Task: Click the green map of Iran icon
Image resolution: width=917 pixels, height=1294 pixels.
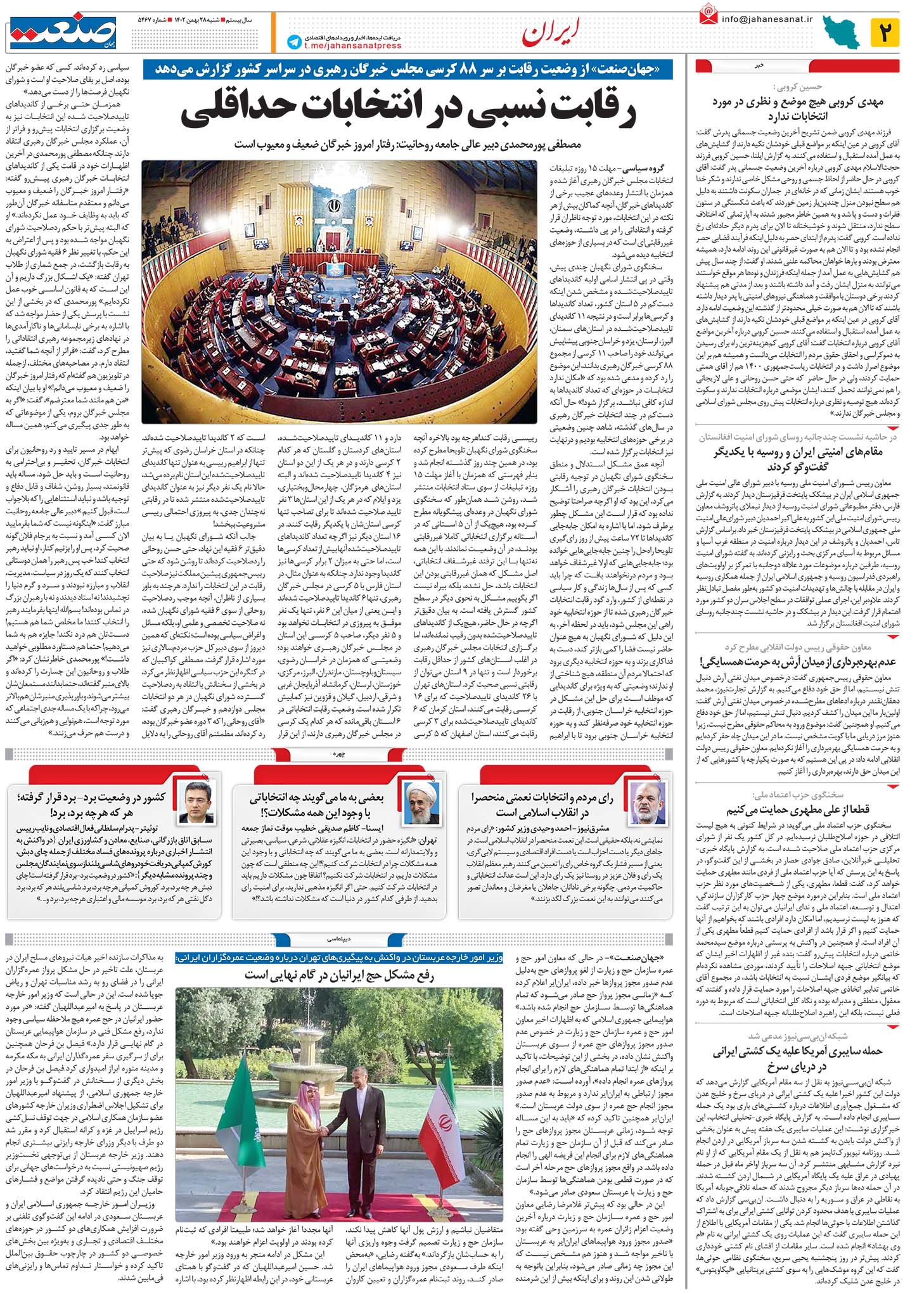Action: coord(842,32)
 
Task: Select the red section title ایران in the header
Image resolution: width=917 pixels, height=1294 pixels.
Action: coord(544,35)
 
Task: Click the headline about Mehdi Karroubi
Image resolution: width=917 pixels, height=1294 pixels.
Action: coord(797,109)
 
